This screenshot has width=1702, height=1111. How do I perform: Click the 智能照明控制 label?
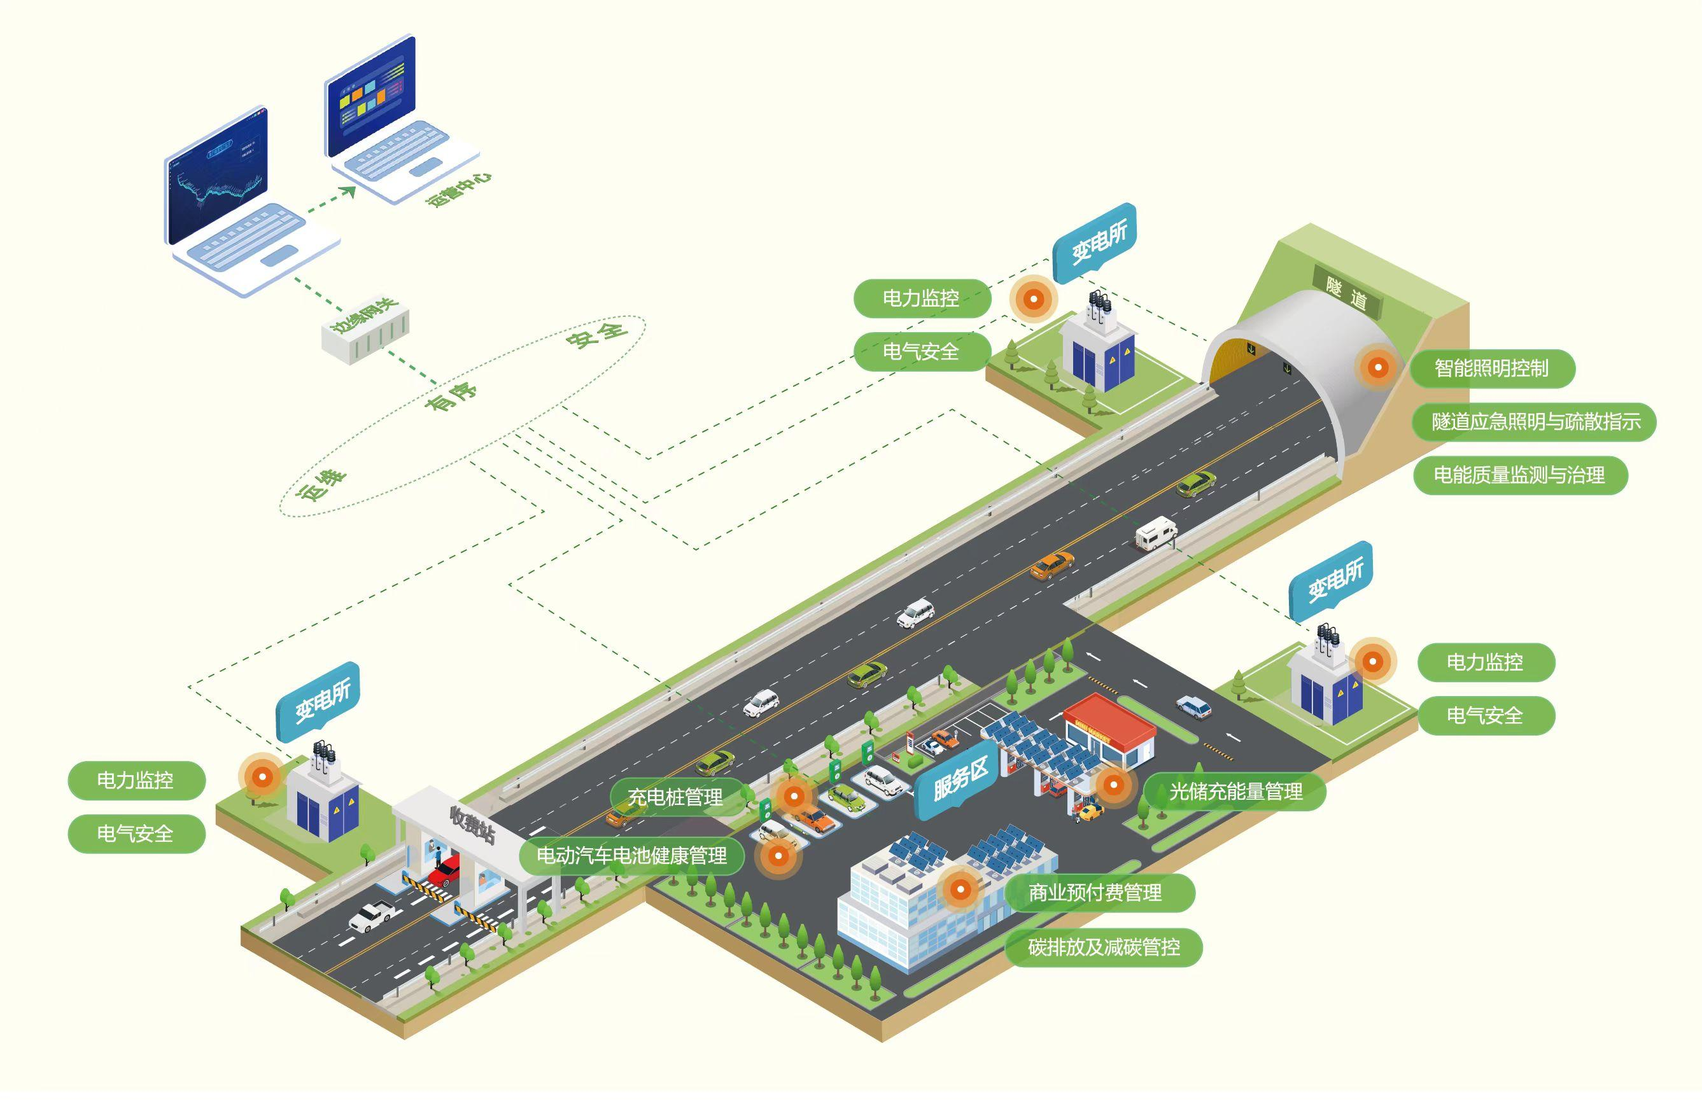pos(1492,369)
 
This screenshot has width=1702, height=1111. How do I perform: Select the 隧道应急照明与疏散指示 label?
pos(1535,422)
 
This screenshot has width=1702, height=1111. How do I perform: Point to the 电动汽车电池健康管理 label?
pos(631,856)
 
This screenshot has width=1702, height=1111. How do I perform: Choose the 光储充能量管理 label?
pos(1235,792)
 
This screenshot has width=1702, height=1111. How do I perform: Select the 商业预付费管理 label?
pos(1095,892)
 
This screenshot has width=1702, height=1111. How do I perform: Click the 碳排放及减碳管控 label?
pos(1104,947)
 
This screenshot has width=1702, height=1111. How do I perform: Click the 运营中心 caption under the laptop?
pos(458,189)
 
